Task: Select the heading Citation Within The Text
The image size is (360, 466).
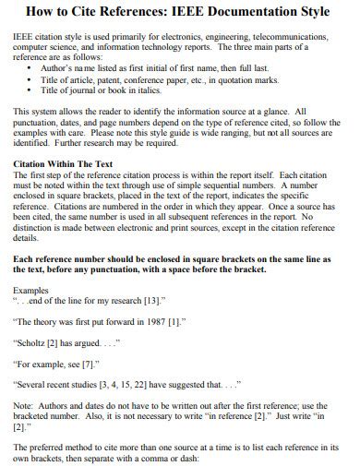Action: (66, 163)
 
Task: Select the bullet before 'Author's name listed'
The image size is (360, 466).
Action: (31, 68)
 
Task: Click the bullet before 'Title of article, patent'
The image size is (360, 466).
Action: (31, 78)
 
